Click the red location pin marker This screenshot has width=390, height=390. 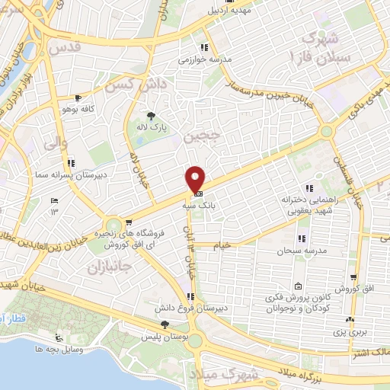coord(196,179)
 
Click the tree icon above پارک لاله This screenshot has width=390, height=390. coord(152,116)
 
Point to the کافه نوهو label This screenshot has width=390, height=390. coord(78,109)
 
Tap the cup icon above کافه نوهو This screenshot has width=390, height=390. coord(78,98)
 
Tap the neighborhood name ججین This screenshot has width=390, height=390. coord(201,138)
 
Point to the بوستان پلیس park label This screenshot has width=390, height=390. coord(165,336)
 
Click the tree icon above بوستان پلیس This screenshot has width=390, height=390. coord(165,325)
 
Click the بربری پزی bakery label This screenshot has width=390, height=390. coord(350,333)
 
